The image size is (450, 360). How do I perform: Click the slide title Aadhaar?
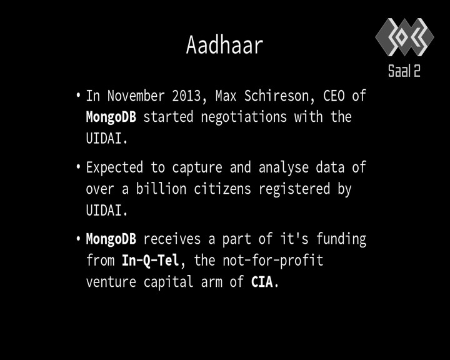click(225, 45)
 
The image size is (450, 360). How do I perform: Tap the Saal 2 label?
click(404, 71)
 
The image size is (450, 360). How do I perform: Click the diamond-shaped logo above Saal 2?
click(404, 37)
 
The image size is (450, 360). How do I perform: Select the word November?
click(136, 96)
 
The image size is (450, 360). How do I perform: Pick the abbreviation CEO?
click(334, 96)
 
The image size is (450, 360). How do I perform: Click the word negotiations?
click(244, 117)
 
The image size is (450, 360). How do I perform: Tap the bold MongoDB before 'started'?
click(111, 117)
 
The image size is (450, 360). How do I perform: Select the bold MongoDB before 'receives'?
click(111, 239)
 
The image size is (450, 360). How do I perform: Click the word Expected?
click(114, 167)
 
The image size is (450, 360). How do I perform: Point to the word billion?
click(161, 189)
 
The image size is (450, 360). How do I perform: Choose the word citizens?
click(222, 189)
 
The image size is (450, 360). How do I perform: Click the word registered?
click(294, 189)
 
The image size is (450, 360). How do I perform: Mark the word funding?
click(341, 239)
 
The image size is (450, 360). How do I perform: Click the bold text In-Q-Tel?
click(151, 261)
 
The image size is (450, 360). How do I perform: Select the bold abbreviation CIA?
click(262, 282)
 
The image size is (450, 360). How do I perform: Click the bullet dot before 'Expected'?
click(78, 167)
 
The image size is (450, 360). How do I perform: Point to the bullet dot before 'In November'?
click(78, 95)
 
